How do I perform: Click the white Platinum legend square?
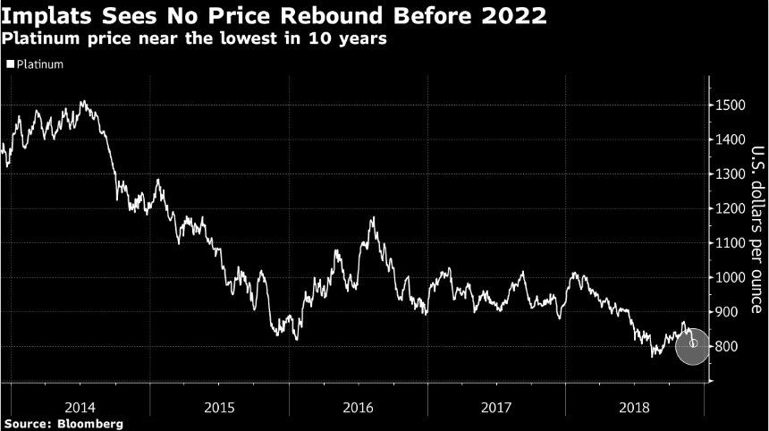[x=10, y=64]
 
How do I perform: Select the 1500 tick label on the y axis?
[x=730, y=106]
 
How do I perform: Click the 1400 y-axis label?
[x=730, y=139]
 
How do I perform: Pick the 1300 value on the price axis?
[x=730, y=174]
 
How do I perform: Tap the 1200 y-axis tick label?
[x=730, y=208]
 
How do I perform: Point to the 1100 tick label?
[x=730, y=243]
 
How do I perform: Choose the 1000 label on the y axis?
[x=730, y=277]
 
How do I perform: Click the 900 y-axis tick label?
[x=727, y=312]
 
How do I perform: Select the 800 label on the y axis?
[x=727, y=346]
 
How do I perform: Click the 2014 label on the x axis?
[x=80, y=406]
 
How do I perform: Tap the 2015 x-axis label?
[x=219, y=406]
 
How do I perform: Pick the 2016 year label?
[x=358, y=406]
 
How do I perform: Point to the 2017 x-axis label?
[x=496, y=406]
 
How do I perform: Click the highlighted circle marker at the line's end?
[x=693, y=344]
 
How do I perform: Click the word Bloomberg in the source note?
[x=89, y=423]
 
